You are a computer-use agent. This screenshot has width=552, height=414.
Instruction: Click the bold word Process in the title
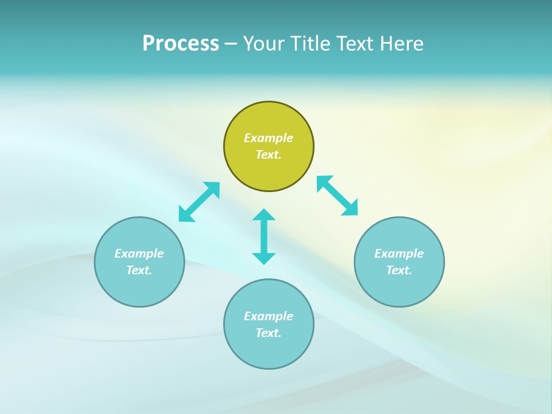point(181,44)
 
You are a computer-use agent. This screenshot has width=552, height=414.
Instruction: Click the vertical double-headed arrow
point(264,236)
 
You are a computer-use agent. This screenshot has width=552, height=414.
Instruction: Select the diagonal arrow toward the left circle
point(199,202)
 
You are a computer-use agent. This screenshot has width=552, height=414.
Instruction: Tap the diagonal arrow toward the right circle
point(338,196)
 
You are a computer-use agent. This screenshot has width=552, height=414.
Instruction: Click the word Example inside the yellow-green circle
point(269,138)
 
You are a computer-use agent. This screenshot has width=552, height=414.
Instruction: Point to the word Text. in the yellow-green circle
point(269,155)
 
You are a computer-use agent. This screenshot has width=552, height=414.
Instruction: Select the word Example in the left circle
point(139,254)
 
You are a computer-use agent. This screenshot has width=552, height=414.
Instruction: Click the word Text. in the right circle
point(399,270)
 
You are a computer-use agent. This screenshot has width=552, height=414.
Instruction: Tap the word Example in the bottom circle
point(269,316)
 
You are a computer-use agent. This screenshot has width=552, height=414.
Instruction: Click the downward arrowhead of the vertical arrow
point(264,258)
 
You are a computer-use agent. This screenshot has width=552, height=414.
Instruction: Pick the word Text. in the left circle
point(139,270)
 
